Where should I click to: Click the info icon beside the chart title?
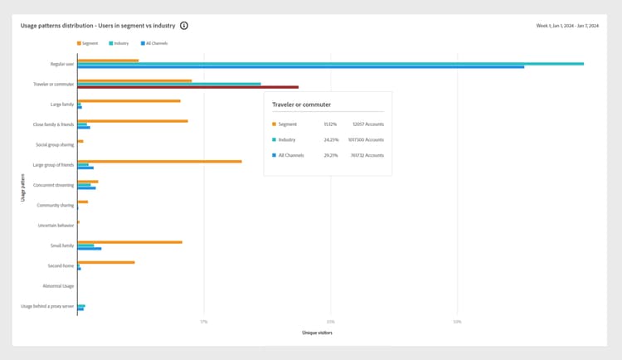click(184, 26)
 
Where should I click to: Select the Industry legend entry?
click(118, 43)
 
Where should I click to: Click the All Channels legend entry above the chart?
click(154, 43)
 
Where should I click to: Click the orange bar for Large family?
click(129, 100)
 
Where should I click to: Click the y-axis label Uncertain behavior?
click(56, 226)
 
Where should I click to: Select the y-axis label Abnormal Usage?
click(58, 286)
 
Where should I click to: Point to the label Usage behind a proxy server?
click(47, 306)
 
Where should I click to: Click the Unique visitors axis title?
click(317, 333)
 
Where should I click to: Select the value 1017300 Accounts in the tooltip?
click(367, 139)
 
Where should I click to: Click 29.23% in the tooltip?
click(330, 155)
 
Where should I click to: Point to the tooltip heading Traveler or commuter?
click(301, 105)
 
